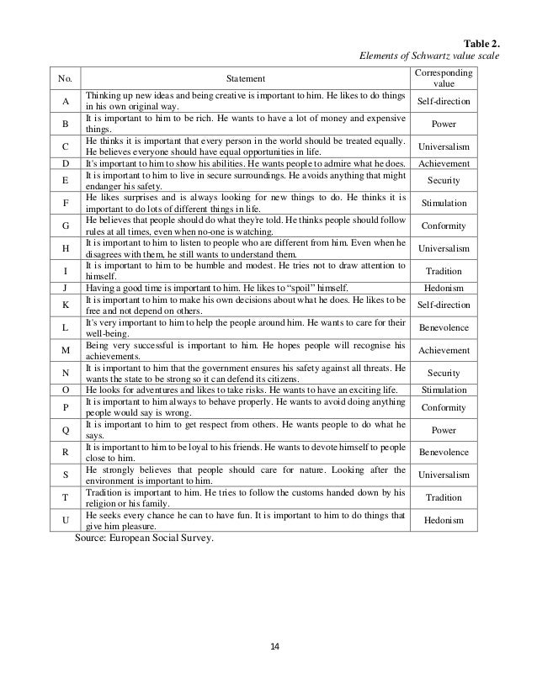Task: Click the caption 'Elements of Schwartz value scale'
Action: click(x=429, y=56)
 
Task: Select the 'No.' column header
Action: click(x=65, y=78)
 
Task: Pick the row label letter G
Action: click(x=65, y=225)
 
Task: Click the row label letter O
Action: click(x=65, y=390)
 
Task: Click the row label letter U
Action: click(x=65, y=520)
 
